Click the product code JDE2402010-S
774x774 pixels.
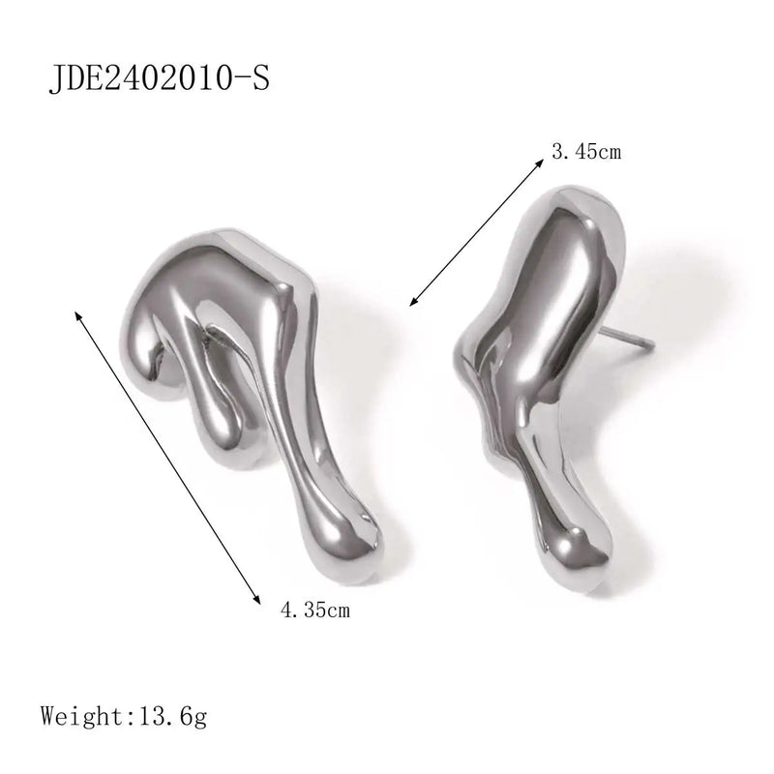tap(159, 79)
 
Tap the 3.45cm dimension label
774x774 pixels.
tap(586, 152)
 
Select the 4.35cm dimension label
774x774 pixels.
tap(315, 610)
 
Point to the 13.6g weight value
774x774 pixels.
tap(173, 717)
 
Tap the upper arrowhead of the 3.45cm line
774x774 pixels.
tap(539, 164)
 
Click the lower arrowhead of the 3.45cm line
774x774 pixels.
tap(415, 301)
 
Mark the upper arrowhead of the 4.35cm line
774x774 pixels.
tap(78, 316)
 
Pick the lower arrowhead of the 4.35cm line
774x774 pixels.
tap(255, 598)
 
